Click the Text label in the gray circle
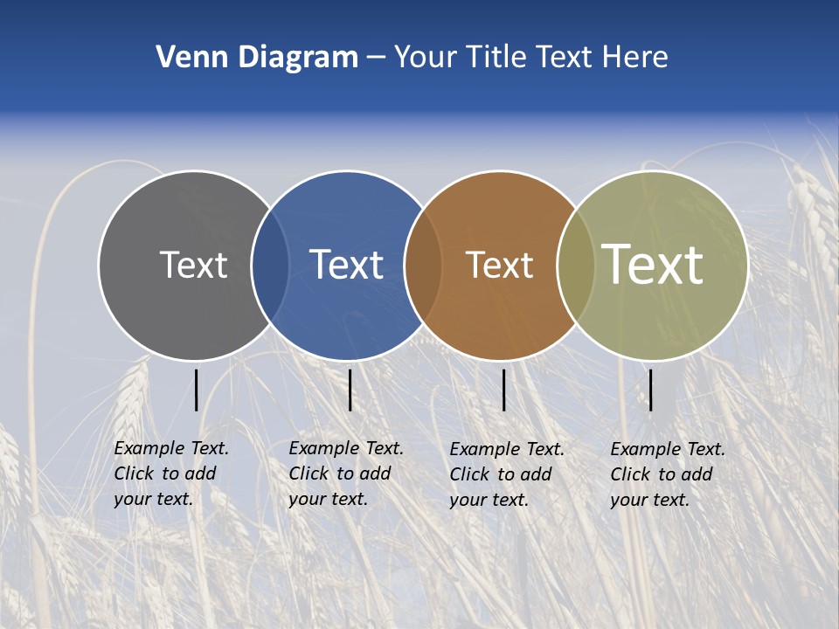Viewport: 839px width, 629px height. coord(193,265)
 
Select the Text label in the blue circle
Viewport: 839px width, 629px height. coord(347,265)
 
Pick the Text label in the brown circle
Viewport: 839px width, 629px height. coord(500,265)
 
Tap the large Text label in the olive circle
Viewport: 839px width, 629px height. coord(652,265)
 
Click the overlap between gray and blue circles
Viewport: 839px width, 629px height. coord(270,265)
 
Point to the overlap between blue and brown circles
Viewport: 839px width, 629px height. coord(422,265)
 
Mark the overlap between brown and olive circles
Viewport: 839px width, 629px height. coord(575,265)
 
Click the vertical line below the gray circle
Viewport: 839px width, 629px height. coord(197,390)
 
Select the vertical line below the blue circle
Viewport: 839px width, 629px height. coord(350,390)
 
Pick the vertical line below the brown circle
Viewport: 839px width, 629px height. coord(503,390)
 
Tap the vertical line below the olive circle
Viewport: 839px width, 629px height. coord(650,390)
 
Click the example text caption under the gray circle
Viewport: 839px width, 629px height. coord(170,473)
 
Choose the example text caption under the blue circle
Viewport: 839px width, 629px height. coord(345,473)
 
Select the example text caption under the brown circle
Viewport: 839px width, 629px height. coord(506,474)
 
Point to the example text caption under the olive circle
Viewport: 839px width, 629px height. coord(667,474)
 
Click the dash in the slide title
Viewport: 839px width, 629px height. coord(376,59)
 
